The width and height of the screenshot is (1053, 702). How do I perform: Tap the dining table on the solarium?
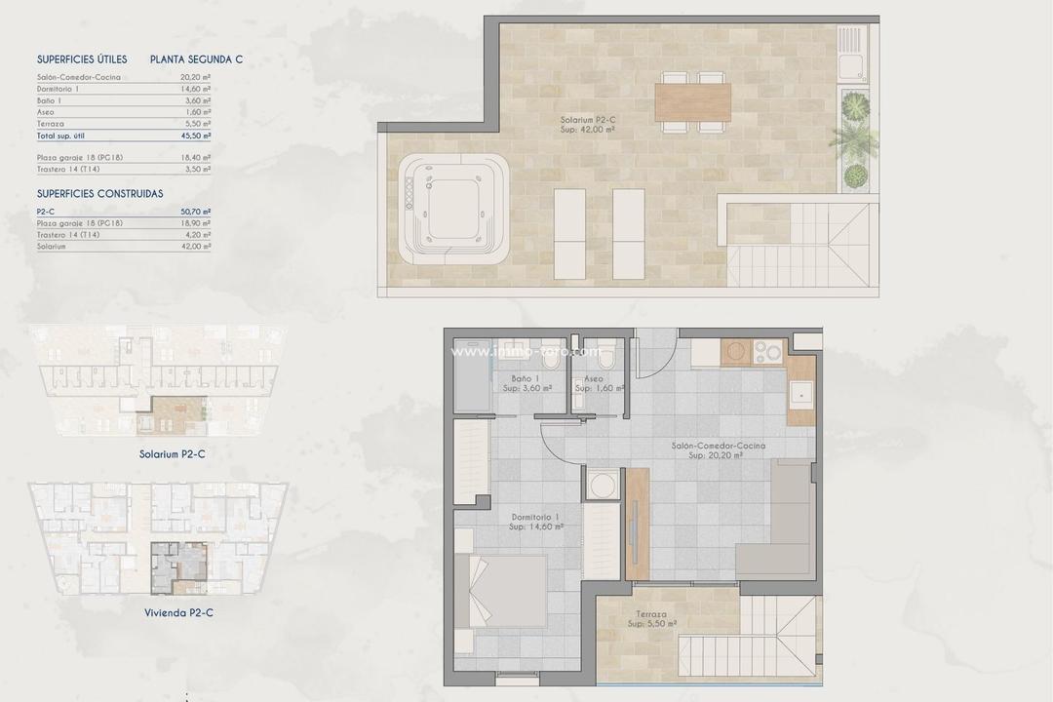coord(692,101)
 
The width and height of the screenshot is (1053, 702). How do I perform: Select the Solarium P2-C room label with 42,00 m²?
coord(587,124)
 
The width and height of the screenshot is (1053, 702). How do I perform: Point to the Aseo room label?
coord(592,383)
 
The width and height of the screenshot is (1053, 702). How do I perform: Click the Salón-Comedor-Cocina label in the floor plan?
coord(718,449)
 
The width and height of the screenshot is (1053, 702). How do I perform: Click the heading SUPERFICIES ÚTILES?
coord(82,59)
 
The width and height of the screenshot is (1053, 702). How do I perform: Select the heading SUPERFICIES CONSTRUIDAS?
coord(99,194)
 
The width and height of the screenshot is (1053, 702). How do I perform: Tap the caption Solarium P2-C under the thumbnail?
coord(172,453)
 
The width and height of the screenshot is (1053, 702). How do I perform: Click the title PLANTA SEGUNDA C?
coord(196,59)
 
